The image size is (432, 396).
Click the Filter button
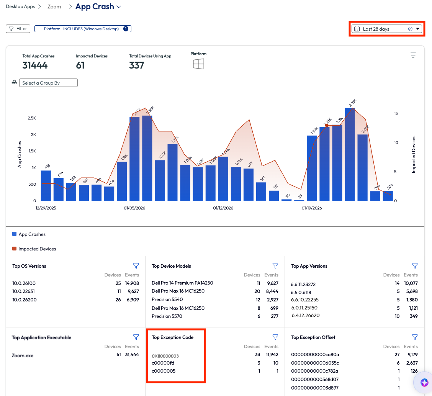point(18,29)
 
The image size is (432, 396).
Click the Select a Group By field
point(48,83)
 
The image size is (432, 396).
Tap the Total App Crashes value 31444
point(35,65)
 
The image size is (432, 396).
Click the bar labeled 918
point(46,185)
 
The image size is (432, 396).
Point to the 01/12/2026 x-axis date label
point(223,208)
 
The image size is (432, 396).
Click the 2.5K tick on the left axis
point(31,118)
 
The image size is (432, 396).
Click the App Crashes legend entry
point(32,234)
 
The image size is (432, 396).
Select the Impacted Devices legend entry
point(37,249)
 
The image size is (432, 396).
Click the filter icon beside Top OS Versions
point(136,266)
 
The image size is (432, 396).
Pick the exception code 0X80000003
point(165,356)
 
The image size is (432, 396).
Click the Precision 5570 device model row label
point(167,316)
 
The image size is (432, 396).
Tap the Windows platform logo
point(198,64)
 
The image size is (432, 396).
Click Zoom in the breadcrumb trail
point(54,7)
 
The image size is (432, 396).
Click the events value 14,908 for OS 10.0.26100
point(132,283)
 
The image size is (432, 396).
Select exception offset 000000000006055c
point(315,363)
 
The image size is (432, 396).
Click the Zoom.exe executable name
point(23,355)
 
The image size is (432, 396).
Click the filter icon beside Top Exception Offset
point(414,337)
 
